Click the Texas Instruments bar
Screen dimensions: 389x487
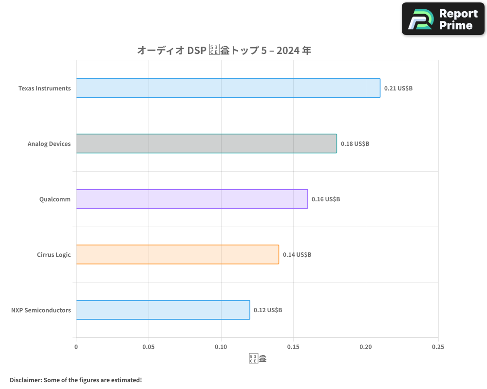[228, 88]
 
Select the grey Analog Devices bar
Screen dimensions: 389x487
[206, 143]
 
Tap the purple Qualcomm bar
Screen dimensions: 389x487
[192, 199]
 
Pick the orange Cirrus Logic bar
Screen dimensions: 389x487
[177, 254]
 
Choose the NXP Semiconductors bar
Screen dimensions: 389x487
[163, 310]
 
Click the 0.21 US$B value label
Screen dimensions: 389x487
[398, 88]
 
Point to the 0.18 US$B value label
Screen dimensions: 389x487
[355, 144]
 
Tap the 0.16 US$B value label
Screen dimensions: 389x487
[326, 199]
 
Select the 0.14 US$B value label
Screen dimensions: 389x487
[297, 255]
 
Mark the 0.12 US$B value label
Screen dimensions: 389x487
[267, 310]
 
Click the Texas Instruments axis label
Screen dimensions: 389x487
[44, 88]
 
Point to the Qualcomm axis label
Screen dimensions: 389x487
[55, 199]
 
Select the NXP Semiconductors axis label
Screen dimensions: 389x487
[41, 310]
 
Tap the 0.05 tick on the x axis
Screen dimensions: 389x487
[149, 347]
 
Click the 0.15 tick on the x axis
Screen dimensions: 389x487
[293, 347]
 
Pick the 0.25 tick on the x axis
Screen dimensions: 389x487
[438, 347]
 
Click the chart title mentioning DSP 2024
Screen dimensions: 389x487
[224, 50]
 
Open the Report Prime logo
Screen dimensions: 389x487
[443, 19]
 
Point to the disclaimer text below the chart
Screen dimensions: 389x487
[75, 380]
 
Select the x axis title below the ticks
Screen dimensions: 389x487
[258, 359]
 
